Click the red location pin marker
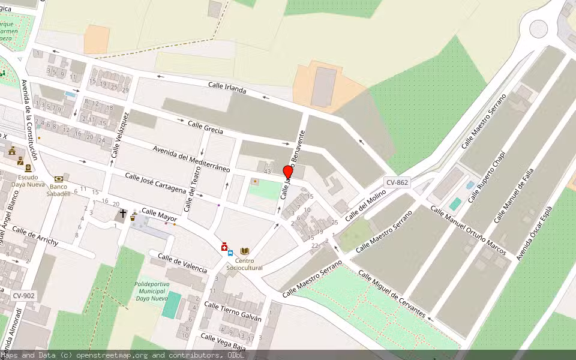pos(287,172)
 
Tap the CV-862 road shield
pos(397,182)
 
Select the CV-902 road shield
pos(24,295)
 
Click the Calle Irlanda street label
pos(227,88)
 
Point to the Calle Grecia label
pos(205,127)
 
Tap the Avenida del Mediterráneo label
pos(191,158)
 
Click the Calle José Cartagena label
pos(155,182)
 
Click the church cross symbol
pos(123,213)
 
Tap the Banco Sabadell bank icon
pos(59,179)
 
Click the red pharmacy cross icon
pos(224,247)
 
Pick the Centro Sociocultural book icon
pos(244,251)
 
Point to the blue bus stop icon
pos(230,253)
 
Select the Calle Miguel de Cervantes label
pos(392,294)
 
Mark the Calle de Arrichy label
pos(35,236)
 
